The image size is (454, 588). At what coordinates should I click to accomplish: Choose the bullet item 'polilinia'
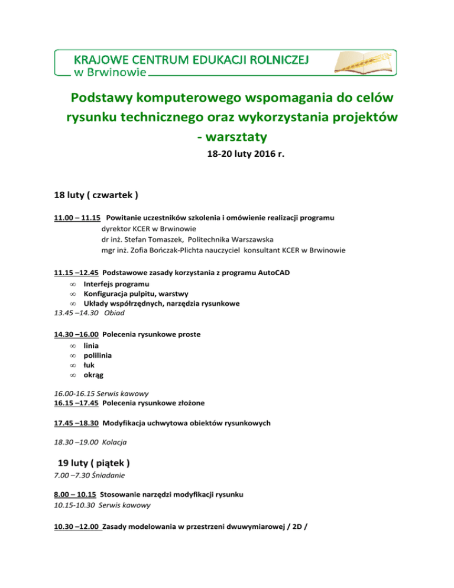98,356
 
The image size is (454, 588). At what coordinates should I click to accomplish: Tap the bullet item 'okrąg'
93,375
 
